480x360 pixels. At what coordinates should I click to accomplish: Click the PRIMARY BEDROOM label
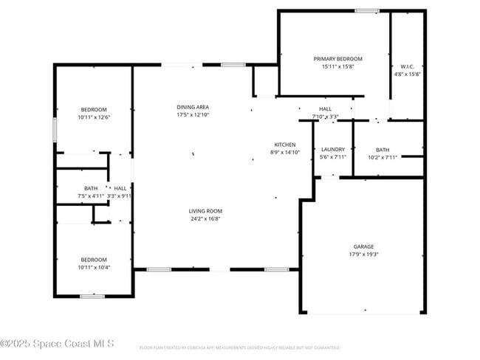[x=337, y=59]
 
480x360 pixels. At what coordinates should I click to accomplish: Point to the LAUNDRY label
[x=332, y=149]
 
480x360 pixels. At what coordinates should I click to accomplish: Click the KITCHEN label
[x=285, y=145]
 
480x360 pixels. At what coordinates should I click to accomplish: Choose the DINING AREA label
[x=193, y=107]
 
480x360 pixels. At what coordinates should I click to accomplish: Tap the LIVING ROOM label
[x=205, y=211]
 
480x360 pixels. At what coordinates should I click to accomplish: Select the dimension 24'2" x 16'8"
[x=205, y=218]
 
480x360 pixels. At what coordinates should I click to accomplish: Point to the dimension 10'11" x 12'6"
[x=94, y=117]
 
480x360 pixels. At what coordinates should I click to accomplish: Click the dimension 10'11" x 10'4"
[x=94, y=267]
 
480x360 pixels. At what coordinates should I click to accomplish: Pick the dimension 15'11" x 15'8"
[x=337, y=66]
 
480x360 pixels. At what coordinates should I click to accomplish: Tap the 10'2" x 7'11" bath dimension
[x=382, y=157]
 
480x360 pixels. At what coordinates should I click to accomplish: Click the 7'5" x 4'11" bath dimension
[x=91, y=195]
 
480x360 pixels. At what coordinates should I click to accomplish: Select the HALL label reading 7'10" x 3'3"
[x=325, y=112]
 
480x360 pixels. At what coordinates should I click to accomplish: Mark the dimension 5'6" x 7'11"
[x=332, y=156]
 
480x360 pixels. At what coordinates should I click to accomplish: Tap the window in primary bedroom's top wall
[x=366, y=10]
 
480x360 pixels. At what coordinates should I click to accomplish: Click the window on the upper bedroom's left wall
[x=54, y=131]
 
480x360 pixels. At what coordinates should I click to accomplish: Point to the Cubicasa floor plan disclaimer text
[x=239, y=347]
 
